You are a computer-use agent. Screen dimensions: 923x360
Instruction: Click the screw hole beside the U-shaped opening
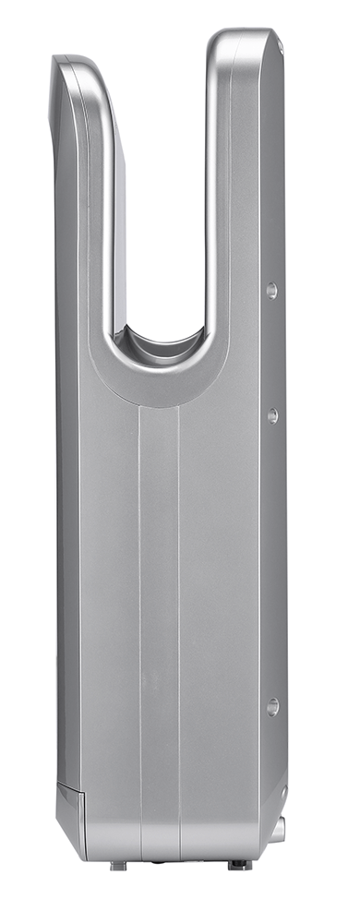271,291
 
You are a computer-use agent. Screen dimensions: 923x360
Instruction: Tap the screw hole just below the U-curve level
272,415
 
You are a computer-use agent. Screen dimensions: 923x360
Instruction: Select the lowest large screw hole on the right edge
272,706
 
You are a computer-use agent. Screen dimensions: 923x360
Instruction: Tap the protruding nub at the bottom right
277,828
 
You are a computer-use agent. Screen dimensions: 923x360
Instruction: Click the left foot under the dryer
118,866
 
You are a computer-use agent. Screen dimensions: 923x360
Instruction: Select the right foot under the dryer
238,865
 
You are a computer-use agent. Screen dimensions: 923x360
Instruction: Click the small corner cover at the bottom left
71,803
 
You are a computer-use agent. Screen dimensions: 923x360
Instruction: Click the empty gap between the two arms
162,185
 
